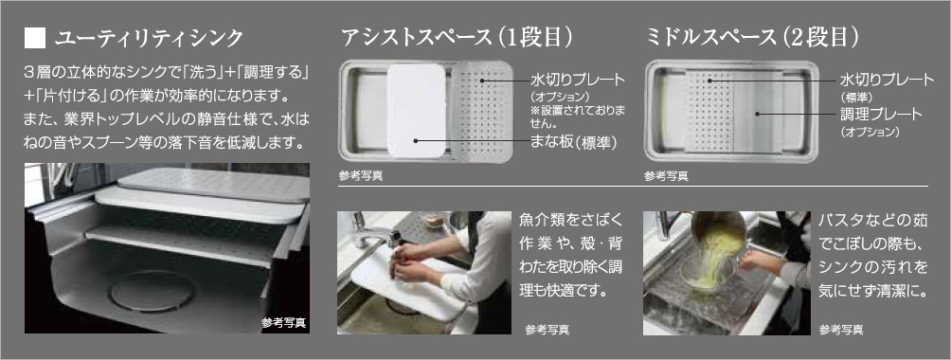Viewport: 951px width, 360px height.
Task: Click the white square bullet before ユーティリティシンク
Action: [x=35, y=38]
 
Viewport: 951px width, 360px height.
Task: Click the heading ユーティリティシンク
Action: [x=150, y=38]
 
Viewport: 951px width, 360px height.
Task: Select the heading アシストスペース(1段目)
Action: [x=457, y=38]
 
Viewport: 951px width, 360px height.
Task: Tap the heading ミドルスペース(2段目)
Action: [x=753, y=38]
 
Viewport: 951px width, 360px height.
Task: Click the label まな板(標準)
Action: [x=573, y=142]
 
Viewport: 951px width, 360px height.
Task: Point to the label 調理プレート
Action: [x=881, y=114]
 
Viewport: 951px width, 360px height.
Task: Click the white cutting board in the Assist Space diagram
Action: [x=417, y=111]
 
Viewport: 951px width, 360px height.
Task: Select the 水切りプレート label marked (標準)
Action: [x=888, y=80]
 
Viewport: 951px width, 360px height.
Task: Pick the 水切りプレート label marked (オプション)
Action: [x=578, y=80]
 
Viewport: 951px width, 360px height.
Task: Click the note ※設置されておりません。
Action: [x=578, y=117]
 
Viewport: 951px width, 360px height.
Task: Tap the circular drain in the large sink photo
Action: [x=152, y=292]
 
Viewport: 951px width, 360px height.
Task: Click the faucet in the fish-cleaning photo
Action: [x=370, y=234]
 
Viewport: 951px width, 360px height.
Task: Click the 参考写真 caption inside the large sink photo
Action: [x=284, y=323]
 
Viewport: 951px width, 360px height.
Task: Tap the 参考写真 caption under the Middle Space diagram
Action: [x=666, y=176]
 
